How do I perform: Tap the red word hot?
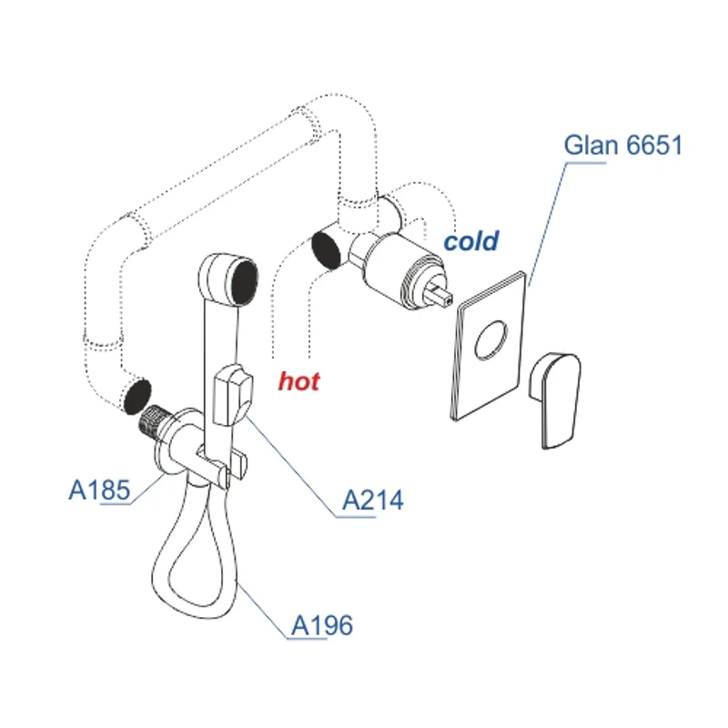coord(298,381)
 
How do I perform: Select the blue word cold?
coord(470,241)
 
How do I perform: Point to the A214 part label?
coord(372,500)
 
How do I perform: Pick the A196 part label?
coord(321,625)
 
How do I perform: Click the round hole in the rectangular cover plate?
coord(490,339)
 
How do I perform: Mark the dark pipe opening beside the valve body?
coord(326,250)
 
